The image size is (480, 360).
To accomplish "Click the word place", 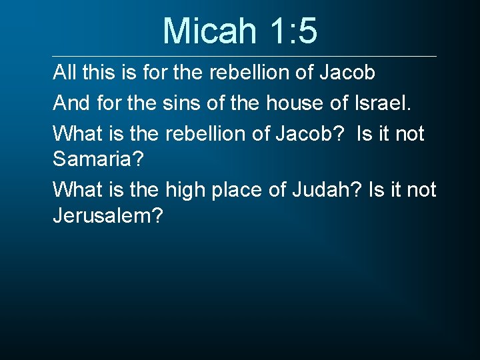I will [241, 190].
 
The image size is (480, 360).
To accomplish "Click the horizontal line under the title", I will [245, 56].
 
